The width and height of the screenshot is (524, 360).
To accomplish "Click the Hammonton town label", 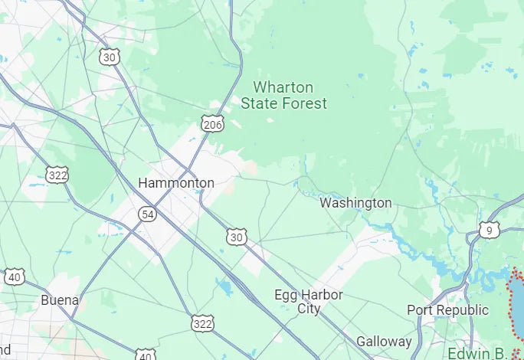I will (x=175, y=183).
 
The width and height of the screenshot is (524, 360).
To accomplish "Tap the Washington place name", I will (x=355, y=203).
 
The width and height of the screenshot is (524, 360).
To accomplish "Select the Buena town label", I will (x=60, y=299).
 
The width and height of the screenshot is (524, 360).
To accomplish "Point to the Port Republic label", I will (x=447, y=310).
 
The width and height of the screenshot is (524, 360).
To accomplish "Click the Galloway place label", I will (x=384, y=342).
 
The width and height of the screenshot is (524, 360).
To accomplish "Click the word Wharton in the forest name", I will (x=283, y=87).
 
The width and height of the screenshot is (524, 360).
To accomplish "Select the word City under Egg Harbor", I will (x=309, y=309).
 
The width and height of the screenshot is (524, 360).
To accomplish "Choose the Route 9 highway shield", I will (x=490, y=230).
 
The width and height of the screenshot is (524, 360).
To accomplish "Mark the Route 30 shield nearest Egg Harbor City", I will (x=237, y=237).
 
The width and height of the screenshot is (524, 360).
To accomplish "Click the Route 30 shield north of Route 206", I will (x=110, y=56).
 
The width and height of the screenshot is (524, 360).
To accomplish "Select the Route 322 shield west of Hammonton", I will (x=56, y=175).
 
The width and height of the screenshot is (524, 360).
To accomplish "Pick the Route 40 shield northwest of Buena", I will (x=14, y=277).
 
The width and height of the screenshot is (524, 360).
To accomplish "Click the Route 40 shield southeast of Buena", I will (x=146, y=355).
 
